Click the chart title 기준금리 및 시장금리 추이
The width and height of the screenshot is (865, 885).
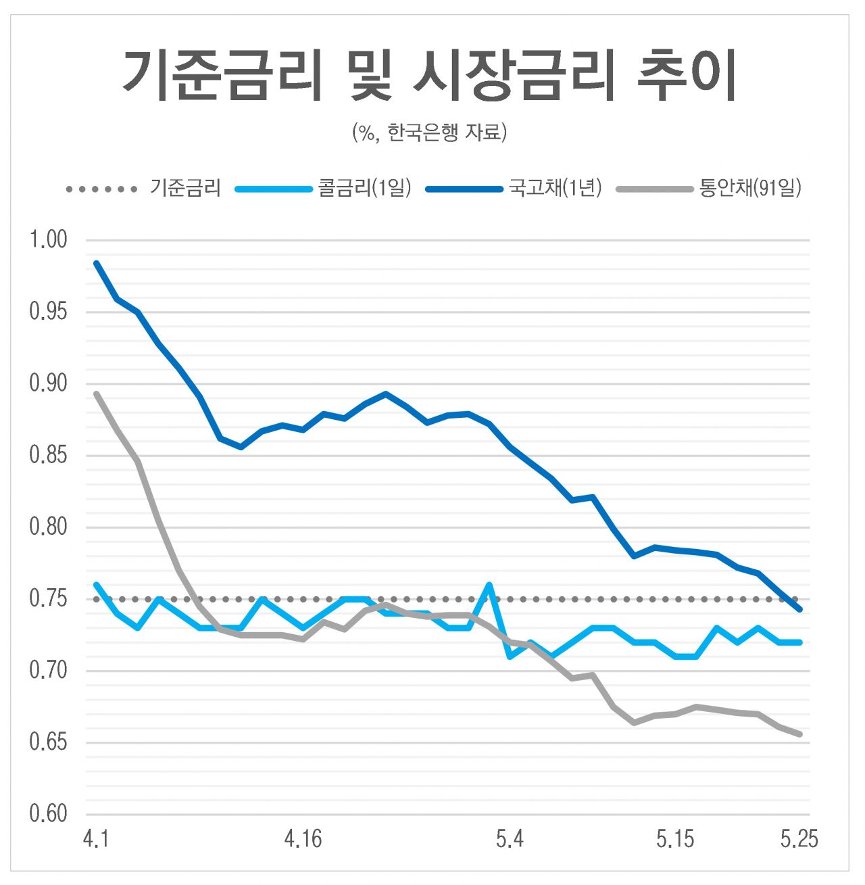point(430,76)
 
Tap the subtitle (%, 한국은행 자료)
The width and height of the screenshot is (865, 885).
point(430,133)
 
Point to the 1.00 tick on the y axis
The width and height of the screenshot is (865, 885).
point(48,239)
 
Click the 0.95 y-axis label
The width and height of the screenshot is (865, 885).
point(48,312)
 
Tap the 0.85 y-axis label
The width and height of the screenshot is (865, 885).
point(48,455)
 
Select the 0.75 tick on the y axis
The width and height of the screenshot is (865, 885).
point(48,599)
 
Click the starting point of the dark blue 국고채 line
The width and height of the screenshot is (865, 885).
point(97,263)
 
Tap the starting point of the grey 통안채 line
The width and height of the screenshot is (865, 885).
point(97,393)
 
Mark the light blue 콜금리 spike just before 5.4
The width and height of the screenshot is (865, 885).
point(489,584)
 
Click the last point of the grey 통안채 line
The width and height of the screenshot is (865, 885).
point(799,734)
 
